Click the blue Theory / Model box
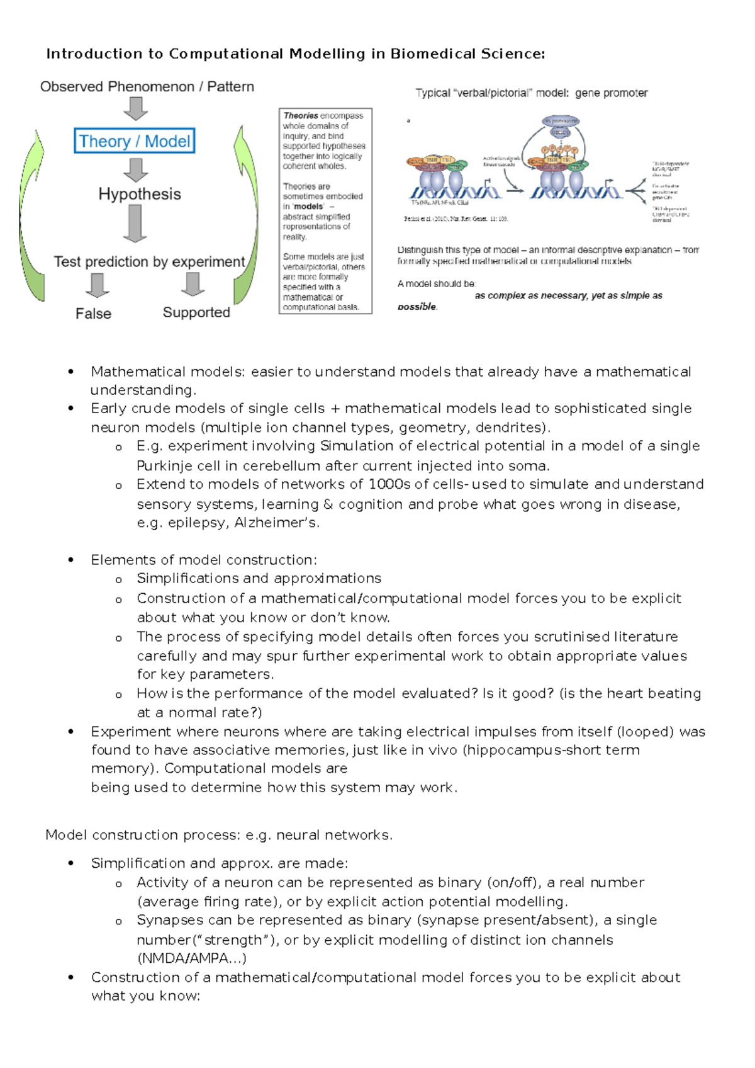point(135,141)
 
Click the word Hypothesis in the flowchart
point(139,194)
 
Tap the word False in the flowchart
point(93,314)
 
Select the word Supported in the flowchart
point(196,312)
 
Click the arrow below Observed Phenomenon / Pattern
point(135,108)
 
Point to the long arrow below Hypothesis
point(135,224)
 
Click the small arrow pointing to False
point(97,285)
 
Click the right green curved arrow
point(247,214)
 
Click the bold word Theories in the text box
point(300,116)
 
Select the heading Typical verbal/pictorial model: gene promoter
point(531,93)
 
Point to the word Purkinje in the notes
point(165,466)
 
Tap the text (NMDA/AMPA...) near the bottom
point(191,958)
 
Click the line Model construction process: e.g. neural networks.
point(219,835)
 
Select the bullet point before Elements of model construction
point(71,560)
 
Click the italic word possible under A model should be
point(417,307)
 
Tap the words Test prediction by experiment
point(149,262)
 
